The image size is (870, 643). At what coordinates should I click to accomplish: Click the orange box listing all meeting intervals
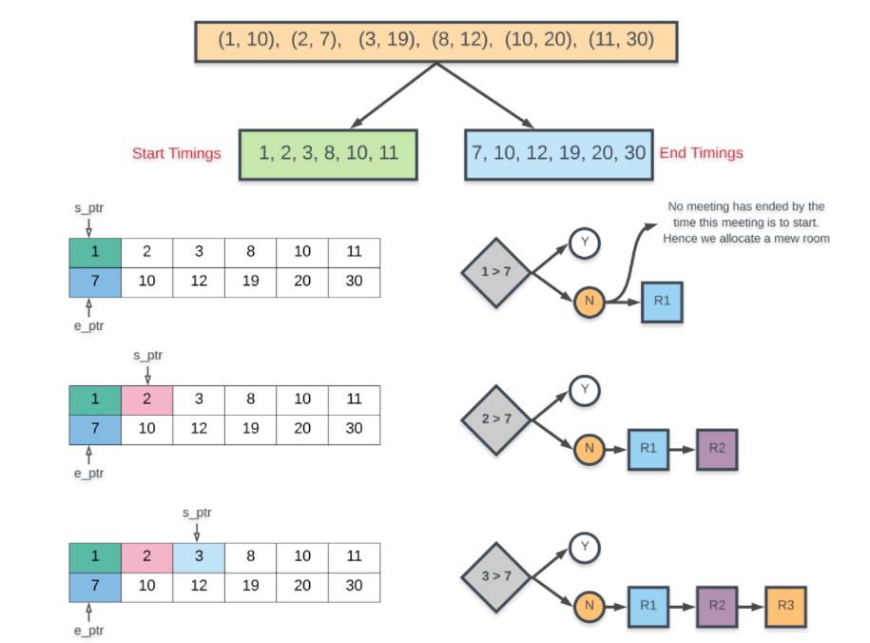pyautogui.click(x=435, y=41)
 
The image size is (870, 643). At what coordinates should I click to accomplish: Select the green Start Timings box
pyautogui.click(x=328, y=154)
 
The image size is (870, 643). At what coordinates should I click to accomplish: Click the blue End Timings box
pyautogui.click(x=558, y=154)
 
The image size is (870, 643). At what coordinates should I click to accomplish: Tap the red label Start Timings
pyautogui.click(x=177, y=154)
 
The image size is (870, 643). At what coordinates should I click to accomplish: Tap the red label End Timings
pyautogui.click(x=702, y=153)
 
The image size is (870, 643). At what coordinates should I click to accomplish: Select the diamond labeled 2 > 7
pyautogui.click(x=495, y=418)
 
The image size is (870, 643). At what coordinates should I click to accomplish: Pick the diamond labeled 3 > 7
pyautogui.click(x=495, y=576)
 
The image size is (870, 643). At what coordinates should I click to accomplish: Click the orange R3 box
pyautogui.click(x=785, y=605)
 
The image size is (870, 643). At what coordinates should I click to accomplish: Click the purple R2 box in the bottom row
pyautogui.click(x=717, y=605)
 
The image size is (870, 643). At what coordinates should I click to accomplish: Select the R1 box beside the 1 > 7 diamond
pyautogui.click(x=662, y=302)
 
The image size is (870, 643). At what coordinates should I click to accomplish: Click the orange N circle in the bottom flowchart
pyautogui.click(x=590, y=605)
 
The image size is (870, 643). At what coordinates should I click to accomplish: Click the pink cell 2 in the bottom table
pyautogui.click(x=146, y=557)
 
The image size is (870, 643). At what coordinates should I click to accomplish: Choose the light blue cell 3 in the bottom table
pyautogui.click(x=198, y=557)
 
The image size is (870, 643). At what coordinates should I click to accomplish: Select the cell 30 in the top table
pyautogui.click(x=354, y=282)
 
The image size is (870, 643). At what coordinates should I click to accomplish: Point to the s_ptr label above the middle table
pyautogui.click(x=147, y=356)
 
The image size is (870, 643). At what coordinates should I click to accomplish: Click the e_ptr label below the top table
pyautogui.click(x=88, y=326)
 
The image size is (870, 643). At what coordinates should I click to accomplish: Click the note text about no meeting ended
pyautogui.click(x=746, y=222)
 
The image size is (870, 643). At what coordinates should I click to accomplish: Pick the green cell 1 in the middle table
pyautogui.click(x=95, y=399)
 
